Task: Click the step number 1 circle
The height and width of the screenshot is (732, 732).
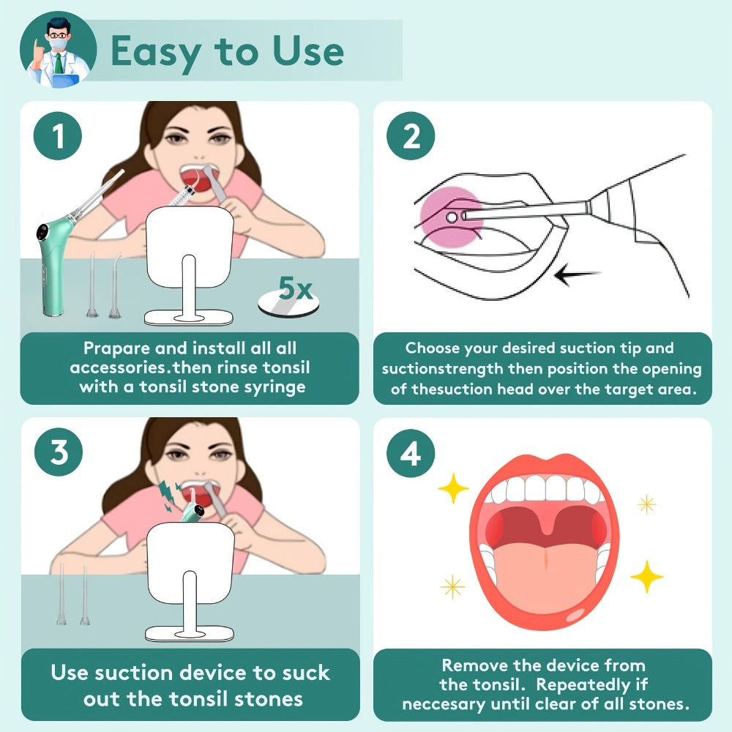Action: click(58, 136)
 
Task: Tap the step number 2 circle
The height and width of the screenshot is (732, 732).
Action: click(411, 136)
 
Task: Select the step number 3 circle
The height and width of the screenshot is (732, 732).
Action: click(59, 452)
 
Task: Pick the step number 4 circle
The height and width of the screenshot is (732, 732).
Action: click(411, 453)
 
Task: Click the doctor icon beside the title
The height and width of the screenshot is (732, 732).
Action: click(59, 50)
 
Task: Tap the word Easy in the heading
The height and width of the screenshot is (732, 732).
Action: click(156, 52)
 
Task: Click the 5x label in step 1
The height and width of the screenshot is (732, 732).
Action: click(295, 288)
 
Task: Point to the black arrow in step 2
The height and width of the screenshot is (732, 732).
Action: click(578, 275)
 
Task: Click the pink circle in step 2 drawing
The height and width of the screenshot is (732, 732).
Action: click(450, 217)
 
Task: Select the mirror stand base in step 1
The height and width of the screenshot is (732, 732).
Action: click(189, 318)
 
